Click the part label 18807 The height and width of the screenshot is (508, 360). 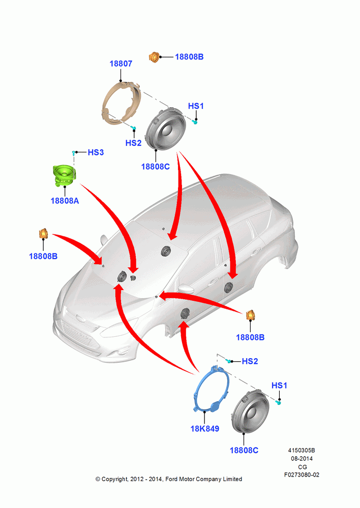121,63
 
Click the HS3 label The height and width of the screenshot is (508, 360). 96,152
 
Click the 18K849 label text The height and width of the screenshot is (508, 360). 204,429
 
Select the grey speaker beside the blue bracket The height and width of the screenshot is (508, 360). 251,411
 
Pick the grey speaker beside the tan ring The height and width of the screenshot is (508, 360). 165,129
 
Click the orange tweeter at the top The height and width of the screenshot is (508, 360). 155,57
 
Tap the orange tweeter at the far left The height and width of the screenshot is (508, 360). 43,233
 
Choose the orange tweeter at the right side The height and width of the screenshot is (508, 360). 250,315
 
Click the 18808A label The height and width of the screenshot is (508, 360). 65,201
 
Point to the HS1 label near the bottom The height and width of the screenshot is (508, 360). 279,386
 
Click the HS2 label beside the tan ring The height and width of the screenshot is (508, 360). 133,143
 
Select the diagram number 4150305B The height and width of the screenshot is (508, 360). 302,450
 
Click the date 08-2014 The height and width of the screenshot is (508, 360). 302,458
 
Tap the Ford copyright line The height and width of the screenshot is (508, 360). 169,479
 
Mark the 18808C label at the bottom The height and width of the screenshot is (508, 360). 244,450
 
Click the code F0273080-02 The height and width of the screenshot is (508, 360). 302,475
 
